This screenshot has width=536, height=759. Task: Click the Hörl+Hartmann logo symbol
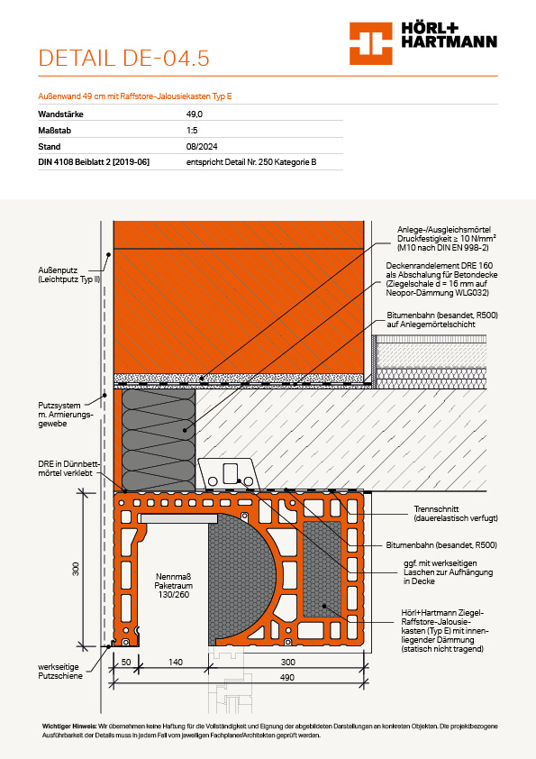point(370,43)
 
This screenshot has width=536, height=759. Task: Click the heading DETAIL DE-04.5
point(123,58)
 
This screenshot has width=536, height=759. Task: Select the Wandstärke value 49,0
point(195,114)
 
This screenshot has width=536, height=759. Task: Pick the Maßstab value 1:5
point(192,130)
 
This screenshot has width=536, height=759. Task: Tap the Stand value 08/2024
point(202,147)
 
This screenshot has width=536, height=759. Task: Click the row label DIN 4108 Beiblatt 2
point(94,162)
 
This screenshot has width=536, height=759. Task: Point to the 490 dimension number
point(287,677)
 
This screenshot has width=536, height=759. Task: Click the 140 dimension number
point(175,662)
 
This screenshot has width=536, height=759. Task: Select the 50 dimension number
point(126,662)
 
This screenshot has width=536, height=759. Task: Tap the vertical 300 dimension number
point(76,569)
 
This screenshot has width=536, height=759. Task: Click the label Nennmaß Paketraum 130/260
point(174,586)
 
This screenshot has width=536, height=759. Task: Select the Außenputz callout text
point(69,274)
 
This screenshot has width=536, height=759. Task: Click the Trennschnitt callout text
point(456,514)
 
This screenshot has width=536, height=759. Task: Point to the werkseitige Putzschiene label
point(60,672)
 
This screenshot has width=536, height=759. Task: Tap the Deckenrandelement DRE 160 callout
point(441,279)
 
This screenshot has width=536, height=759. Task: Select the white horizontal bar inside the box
point(178,519)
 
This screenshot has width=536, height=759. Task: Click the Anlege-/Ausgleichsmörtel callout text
point(447,239)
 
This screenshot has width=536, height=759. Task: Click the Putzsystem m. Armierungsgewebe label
point(65,415)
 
